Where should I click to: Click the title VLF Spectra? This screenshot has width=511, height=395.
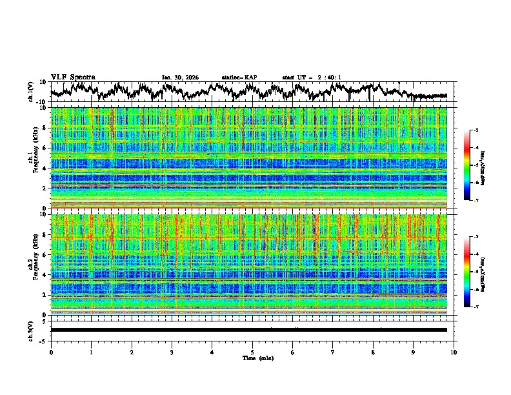[73, 77]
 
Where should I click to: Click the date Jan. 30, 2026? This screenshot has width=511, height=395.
[180, 77]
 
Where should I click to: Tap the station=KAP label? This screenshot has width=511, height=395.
[239, 77]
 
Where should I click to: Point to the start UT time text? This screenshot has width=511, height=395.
[312, 77]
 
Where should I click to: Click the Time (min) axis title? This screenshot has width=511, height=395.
[259, 358]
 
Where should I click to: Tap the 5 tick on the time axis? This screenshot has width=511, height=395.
[252, 352]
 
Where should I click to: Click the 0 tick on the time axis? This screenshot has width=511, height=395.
[51, 352]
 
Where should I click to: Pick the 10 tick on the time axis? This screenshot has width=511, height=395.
[454, 352]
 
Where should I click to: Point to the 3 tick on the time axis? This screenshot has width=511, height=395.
[172, 352]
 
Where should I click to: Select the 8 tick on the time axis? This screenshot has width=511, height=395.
[373, 352]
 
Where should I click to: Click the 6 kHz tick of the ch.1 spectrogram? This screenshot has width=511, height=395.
[44, 148]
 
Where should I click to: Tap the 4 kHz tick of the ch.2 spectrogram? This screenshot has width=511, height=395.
[44, 275]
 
